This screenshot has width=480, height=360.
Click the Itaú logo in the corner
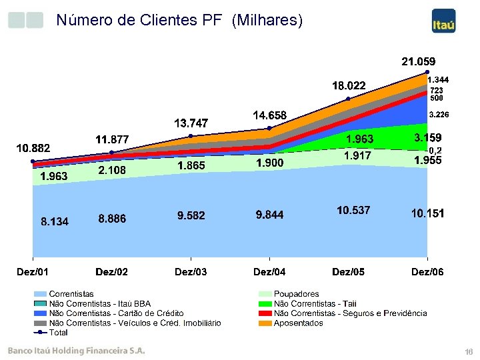[443, 21]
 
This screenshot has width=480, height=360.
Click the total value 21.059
[418, 61]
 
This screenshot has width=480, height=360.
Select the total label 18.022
[349, 85]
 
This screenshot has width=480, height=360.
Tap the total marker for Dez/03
[191, 136]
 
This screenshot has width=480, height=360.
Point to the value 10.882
[33, 147]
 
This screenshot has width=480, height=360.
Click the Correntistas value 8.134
[55, 221]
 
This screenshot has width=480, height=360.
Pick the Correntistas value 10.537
[353, 211]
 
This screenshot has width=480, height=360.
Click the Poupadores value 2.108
[112, 171]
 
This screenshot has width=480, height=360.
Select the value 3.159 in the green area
[427, 139]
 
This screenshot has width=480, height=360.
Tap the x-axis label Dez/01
[33, 271]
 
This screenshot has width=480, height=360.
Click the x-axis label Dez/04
[269, 271]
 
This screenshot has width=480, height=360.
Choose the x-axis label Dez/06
[427, 271]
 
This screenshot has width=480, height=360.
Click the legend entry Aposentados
[298, 323]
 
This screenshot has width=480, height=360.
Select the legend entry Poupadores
[296, 293]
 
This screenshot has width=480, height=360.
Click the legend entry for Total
[58, 333]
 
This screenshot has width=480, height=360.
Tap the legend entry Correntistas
[71, 293]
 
